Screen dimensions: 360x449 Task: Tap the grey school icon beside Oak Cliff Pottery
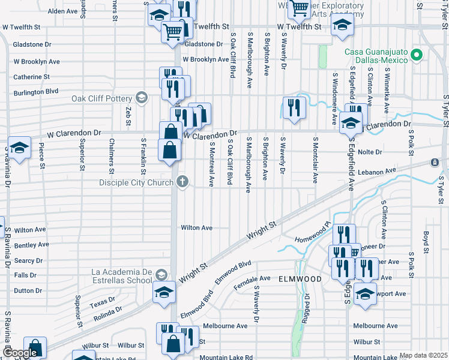click(142, 98)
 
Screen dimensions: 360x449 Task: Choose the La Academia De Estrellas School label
click(122, 275)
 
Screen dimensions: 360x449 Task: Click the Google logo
click(20, 353)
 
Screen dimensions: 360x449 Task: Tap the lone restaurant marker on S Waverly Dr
click(294, 108)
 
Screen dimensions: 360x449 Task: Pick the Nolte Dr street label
click(369, 152)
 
